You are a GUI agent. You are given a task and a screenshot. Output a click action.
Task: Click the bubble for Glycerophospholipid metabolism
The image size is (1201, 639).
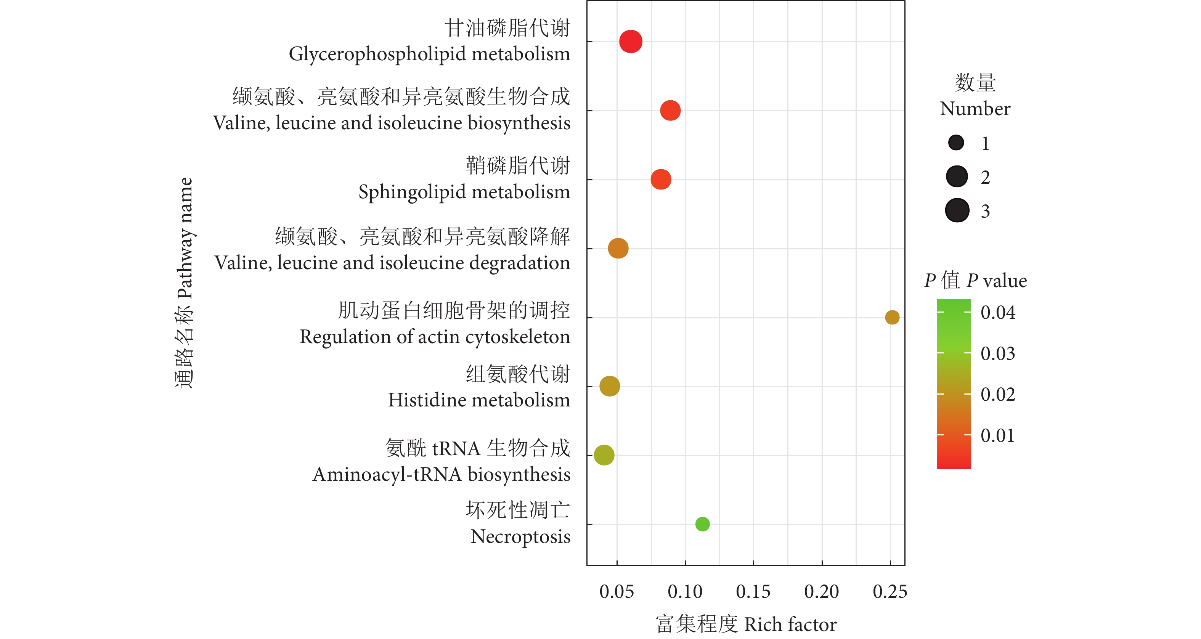coord(630,42)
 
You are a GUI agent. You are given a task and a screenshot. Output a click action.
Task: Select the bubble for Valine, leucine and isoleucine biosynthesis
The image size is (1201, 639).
coord(670,111)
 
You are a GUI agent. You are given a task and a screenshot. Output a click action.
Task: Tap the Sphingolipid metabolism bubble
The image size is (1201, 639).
coord(661,180)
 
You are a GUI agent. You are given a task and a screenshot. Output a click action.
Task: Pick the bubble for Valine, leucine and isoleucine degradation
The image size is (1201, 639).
coord(618,249)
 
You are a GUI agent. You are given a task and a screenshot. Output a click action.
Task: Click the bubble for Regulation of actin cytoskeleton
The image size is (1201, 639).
coord(892,317)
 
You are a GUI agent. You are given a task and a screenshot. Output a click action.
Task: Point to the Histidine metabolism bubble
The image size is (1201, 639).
coord(609,386)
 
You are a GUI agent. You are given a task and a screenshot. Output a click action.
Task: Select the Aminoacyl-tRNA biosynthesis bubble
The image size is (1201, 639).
coord(604,455)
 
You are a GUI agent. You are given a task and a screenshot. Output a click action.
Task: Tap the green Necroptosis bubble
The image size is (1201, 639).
coord(702,524)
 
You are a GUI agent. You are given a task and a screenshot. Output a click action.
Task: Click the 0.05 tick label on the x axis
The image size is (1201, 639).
coord(617,592)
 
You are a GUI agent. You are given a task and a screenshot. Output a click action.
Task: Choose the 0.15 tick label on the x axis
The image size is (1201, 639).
coord(753,592)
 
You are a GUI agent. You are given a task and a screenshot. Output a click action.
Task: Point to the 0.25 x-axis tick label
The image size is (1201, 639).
coord(890,592)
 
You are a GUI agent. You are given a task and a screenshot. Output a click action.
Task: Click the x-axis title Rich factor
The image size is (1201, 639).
coord(790,625)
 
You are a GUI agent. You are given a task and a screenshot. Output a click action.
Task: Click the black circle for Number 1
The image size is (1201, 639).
coord(956,143)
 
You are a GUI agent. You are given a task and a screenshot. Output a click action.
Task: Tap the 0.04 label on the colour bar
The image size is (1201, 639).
coord(998,312)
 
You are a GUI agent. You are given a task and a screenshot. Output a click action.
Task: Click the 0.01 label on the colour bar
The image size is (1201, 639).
coord(998,436)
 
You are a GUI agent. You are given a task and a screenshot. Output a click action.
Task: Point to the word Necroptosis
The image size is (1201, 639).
coord(520,537)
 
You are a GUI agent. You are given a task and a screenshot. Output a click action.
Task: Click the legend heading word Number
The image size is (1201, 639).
coord(975,109)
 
